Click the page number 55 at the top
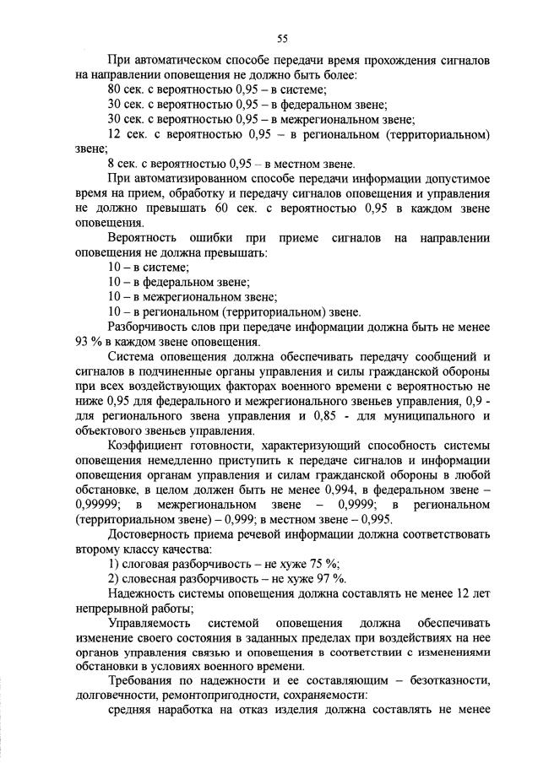click(x=283, y=37)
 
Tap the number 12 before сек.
click(x=115, y=134)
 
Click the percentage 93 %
click(x=91, y=342)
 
